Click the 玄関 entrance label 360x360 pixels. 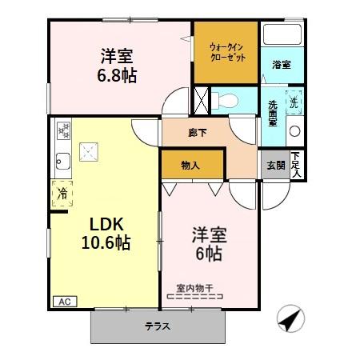tap(275, 165)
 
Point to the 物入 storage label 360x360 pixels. tap(190, 165)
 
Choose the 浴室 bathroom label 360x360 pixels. tap(281, 65)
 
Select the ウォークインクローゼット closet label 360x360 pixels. tap(226, 53)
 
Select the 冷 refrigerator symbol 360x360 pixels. tap(60, 193)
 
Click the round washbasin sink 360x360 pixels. tap(294, 130)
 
